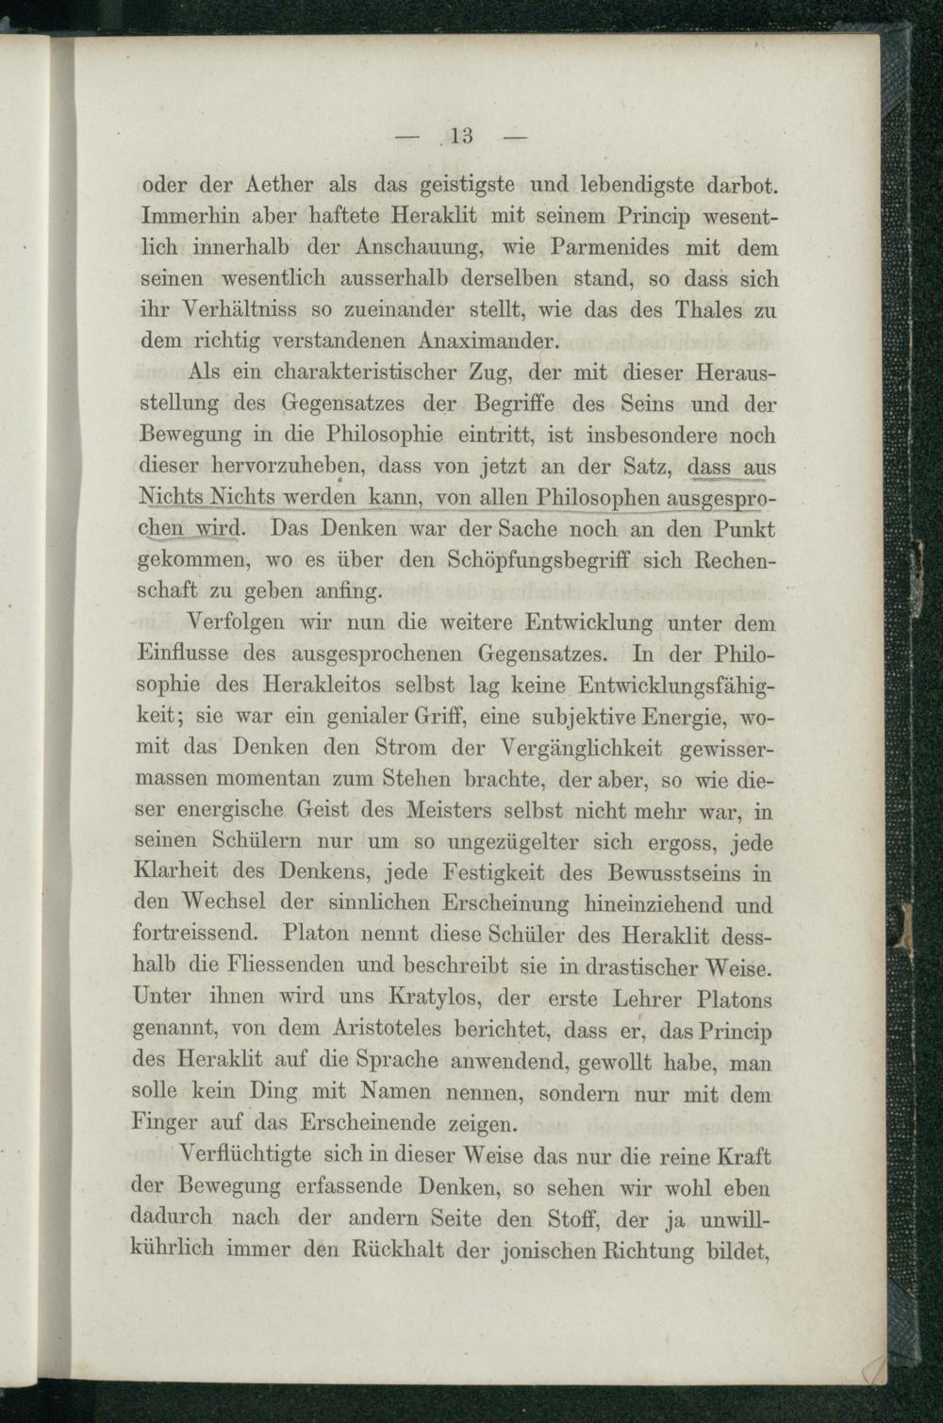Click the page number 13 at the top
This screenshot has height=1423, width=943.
(461, 136)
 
